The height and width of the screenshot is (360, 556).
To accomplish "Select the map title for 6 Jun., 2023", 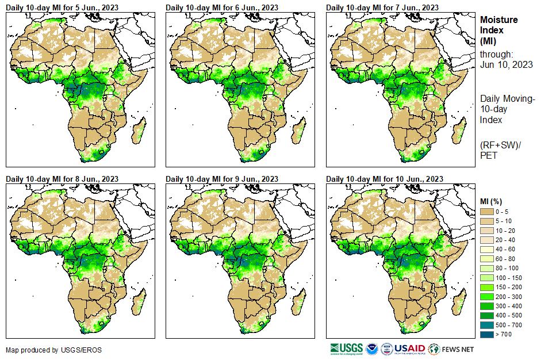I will pos(223,7).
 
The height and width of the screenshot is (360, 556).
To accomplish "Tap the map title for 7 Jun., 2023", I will pos(383,7).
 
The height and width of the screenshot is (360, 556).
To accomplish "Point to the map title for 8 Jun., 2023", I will pos(63,179).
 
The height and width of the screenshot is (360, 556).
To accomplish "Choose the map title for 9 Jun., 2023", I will pos(223,179).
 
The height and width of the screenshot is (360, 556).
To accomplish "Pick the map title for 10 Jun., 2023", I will pos(385,179).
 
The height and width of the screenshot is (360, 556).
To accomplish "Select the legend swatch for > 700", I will pos(488,334).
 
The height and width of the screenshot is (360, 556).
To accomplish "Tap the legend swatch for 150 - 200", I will pos(488,287).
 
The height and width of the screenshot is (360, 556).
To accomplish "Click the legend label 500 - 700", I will pos(509,324).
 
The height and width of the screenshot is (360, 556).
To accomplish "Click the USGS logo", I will pos(347,348).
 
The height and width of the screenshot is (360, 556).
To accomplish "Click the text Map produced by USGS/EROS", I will pos(46,350).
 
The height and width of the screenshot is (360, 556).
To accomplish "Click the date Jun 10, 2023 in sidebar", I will pos(507,64).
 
